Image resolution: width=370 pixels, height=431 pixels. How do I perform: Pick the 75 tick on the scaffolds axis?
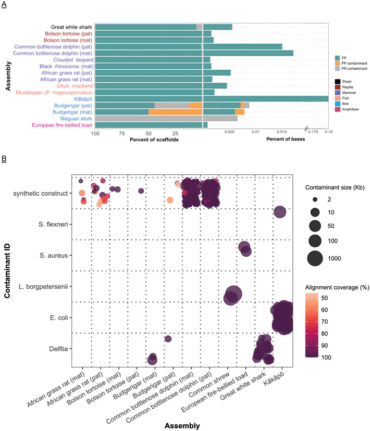[121, 133]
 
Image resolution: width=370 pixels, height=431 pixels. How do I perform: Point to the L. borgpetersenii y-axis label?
[46, 287]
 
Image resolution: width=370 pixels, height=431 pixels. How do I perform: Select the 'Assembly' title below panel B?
[182, 425]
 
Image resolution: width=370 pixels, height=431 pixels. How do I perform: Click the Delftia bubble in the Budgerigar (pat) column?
[168, 339]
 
